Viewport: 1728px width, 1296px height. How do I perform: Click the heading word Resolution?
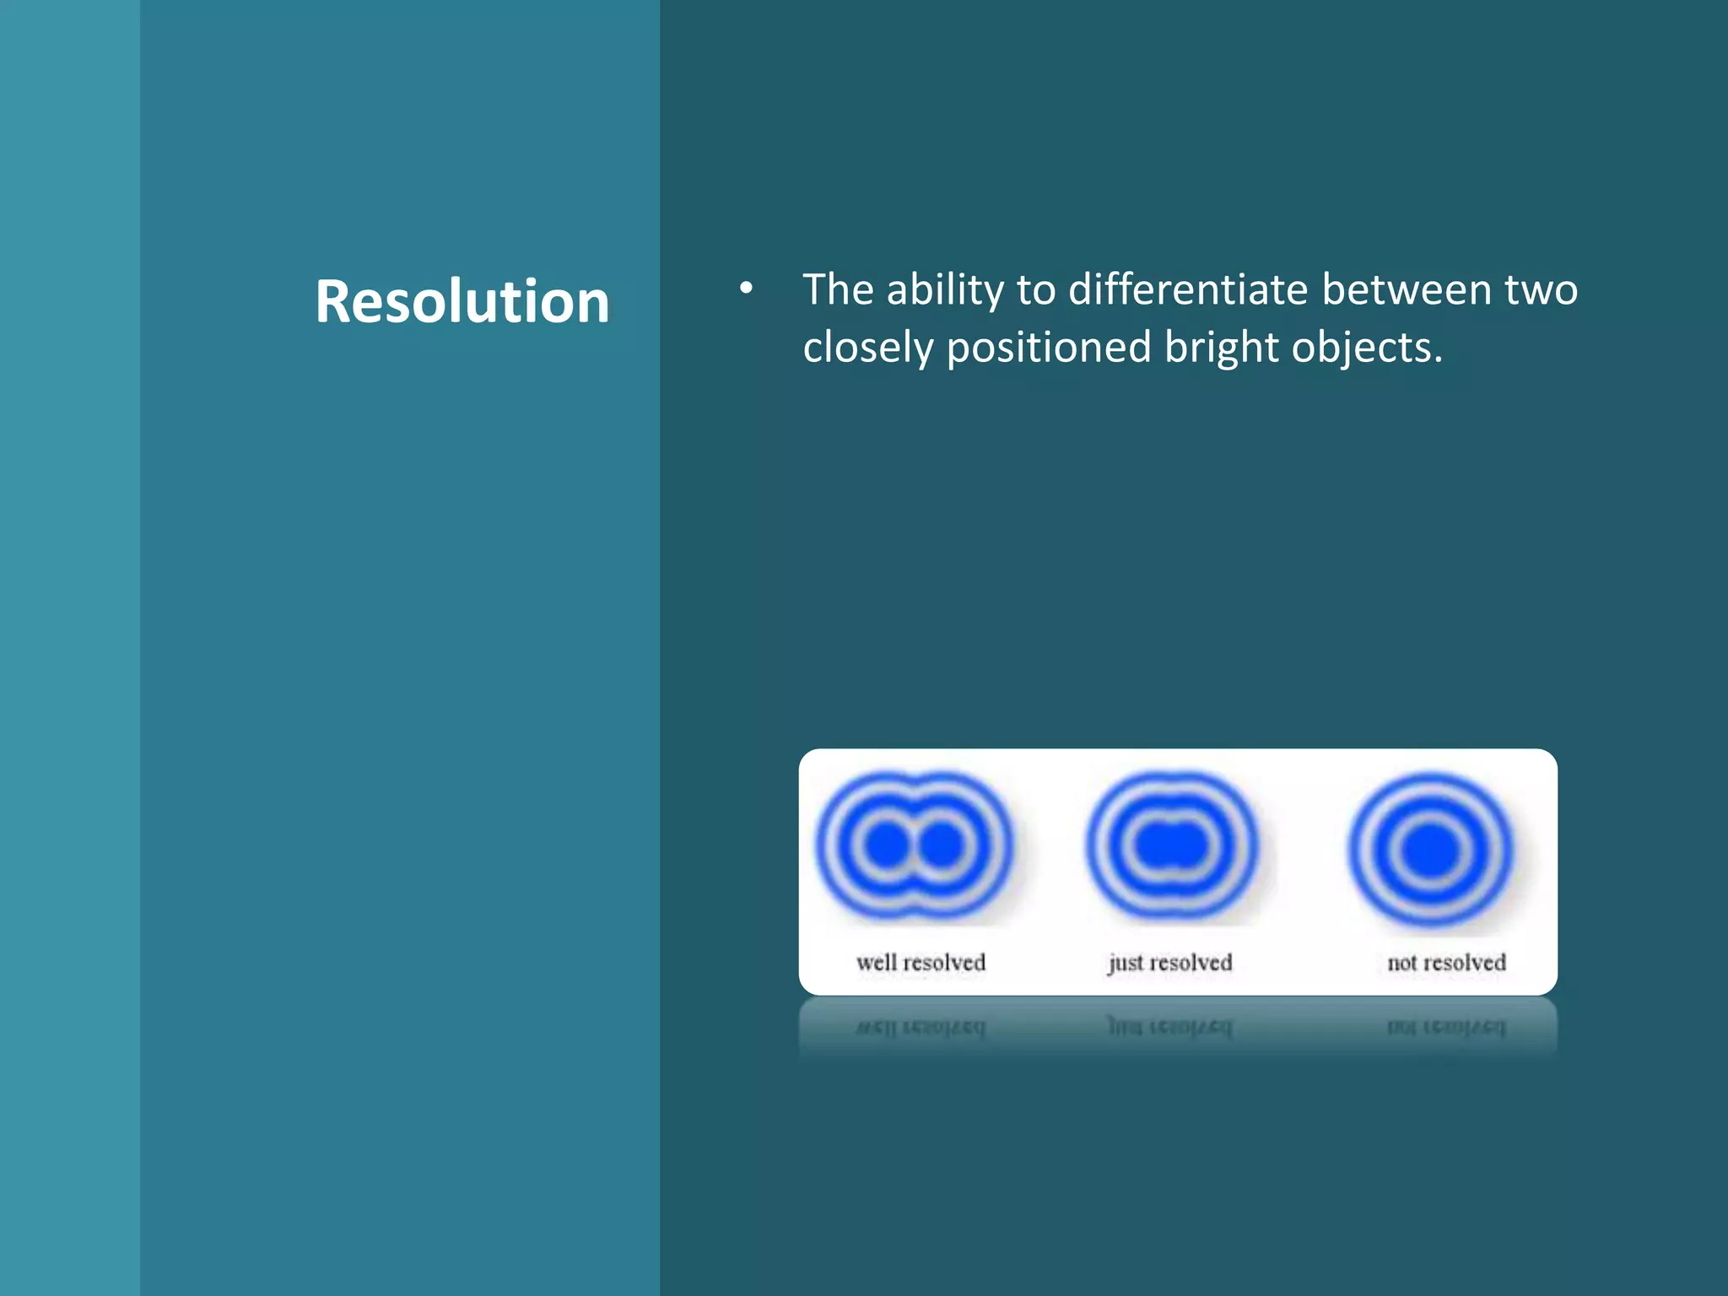[x=462, y=302]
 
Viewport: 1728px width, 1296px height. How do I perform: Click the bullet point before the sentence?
[x=746, y=289]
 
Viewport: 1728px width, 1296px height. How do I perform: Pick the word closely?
[x=868, y=348]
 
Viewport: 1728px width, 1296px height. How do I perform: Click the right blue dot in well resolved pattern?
[x=942, y=845]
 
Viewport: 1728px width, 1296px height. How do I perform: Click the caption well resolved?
[x=921, y=963]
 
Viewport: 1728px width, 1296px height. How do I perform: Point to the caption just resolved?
[x=1170, y=963]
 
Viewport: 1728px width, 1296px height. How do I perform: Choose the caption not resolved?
[x=1446, y=963]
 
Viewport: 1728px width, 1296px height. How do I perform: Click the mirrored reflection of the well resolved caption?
[x=921, y=1028]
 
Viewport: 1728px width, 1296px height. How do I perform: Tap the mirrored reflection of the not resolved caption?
[x=1446, y=1028]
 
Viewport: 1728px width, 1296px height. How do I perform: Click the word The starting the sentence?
[x=838, y=289]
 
